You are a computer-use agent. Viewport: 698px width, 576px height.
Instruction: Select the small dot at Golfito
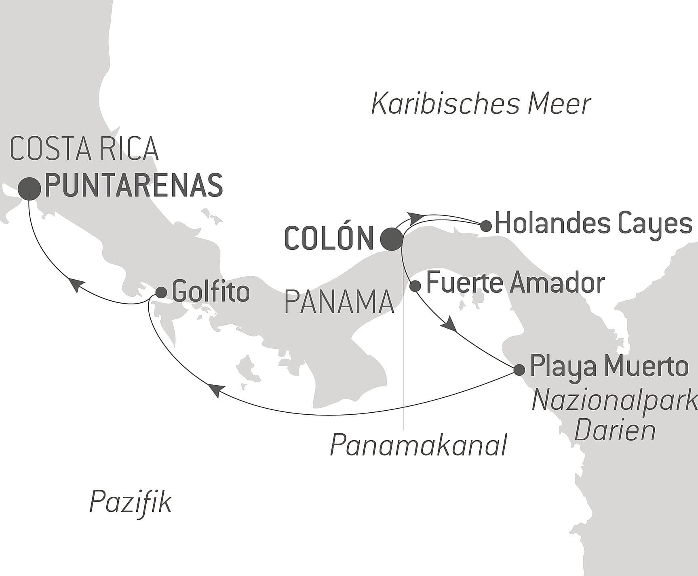click(161, 293)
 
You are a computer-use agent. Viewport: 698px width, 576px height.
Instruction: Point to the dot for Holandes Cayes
click(486, 226)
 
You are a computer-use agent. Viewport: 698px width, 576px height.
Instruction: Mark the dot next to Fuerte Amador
click(415, 286)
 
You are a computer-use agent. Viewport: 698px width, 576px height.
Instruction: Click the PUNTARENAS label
click(133, 186)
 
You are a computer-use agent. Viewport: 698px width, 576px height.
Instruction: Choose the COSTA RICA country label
click(84, 149)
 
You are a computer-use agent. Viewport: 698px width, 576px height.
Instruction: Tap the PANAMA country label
click(339, 302)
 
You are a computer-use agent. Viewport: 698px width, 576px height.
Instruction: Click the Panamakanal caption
click(418, 445)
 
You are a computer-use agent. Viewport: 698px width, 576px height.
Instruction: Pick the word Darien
click(614, 431)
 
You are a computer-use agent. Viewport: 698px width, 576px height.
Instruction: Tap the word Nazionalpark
click(614, 401)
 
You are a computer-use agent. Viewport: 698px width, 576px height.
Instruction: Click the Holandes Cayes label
click(593, 224)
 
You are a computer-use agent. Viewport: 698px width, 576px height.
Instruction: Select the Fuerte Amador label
click(515, 283)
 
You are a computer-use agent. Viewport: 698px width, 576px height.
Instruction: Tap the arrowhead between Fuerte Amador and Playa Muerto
click(451, 325)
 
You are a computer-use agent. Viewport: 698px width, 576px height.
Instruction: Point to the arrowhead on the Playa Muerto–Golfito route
click(215, 390)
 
